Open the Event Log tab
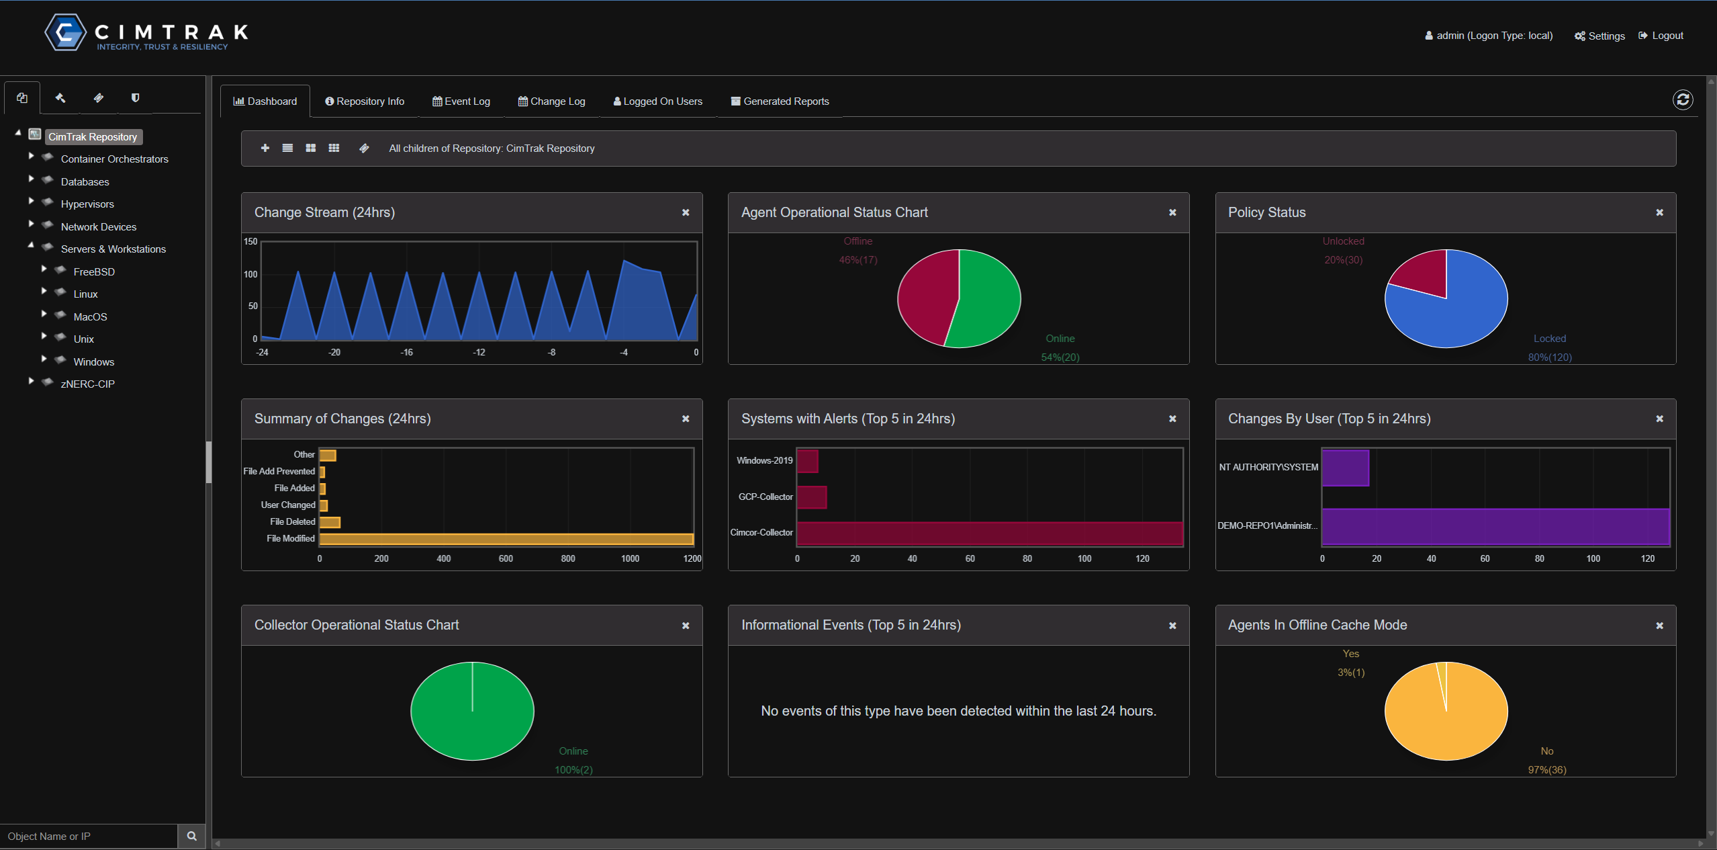pyautogui.click(x=461, y=101)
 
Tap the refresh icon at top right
pyautogui.click(x=1682, y=100)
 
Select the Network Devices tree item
pyautogui.click(x=98, y=227)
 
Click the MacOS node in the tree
pyautogui.click(x=90, y=317)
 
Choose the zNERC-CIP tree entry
pyautogui.click(x=87, y=384)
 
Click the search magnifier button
pyautogui.click(x=191, y=836)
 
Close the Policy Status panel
pyautogui.click(x=1659, y=212)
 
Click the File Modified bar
pyautogui.click(x=506, y=539)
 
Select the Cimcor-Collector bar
pyautogui.click(x=989, y=534)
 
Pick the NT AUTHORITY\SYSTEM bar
pyautogui.click(x=1345, y=468)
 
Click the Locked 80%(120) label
pyautogui.click(x=1550, y=357)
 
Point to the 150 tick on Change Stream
pyautogui.click(x=250, y=242)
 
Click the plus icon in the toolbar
pyautogui.click(x=265, y=148)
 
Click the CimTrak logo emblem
pyautogui.click(x=65, y=32)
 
